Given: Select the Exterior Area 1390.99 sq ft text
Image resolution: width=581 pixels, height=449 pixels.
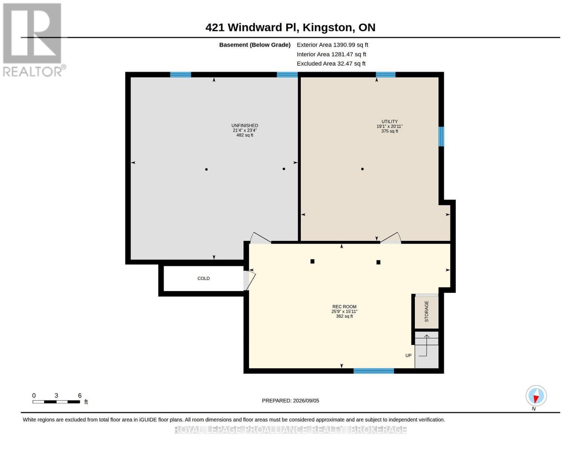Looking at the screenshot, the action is click(332, 45).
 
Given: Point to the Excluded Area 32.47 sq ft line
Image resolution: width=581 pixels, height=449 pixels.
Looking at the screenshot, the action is click(331, 64).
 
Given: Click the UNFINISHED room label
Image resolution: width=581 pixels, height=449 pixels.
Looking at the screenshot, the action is click(245, 125).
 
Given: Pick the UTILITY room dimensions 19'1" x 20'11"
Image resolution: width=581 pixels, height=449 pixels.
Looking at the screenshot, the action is click(389, 126).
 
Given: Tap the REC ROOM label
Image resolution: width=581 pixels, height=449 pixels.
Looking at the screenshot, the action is click(344, 307).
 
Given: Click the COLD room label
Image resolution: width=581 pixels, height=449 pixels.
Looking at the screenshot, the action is click(204, 278).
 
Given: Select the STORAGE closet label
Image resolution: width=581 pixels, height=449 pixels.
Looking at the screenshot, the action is click(426, 311).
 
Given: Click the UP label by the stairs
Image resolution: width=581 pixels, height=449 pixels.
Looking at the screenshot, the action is click(408, 355).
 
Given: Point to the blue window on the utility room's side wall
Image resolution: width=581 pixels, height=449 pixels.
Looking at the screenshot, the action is click(441, 137).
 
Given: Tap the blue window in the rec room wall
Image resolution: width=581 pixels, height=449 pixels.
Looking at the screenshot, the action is click(373, 371).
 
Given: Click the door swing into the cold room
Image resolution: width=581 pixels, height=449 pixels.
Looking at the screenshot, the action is click(250, 280).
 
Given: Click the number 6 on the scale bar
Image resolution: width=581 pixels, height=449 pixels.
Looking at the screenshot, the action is click(80, 395).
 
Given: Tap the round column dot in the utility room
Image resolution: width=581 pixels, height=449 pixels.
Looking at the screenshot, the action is click(362, 169).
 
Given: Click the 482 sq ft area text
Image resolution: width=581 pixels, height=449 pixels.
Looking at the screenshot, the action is click(245, 135).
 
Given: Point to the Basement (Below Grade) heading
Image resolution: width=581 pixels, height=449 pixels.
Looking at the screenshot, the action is click(254, 45).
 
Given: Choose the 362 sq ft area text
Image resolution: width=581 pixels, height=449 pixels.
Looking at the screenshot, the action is click(345, 316).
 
